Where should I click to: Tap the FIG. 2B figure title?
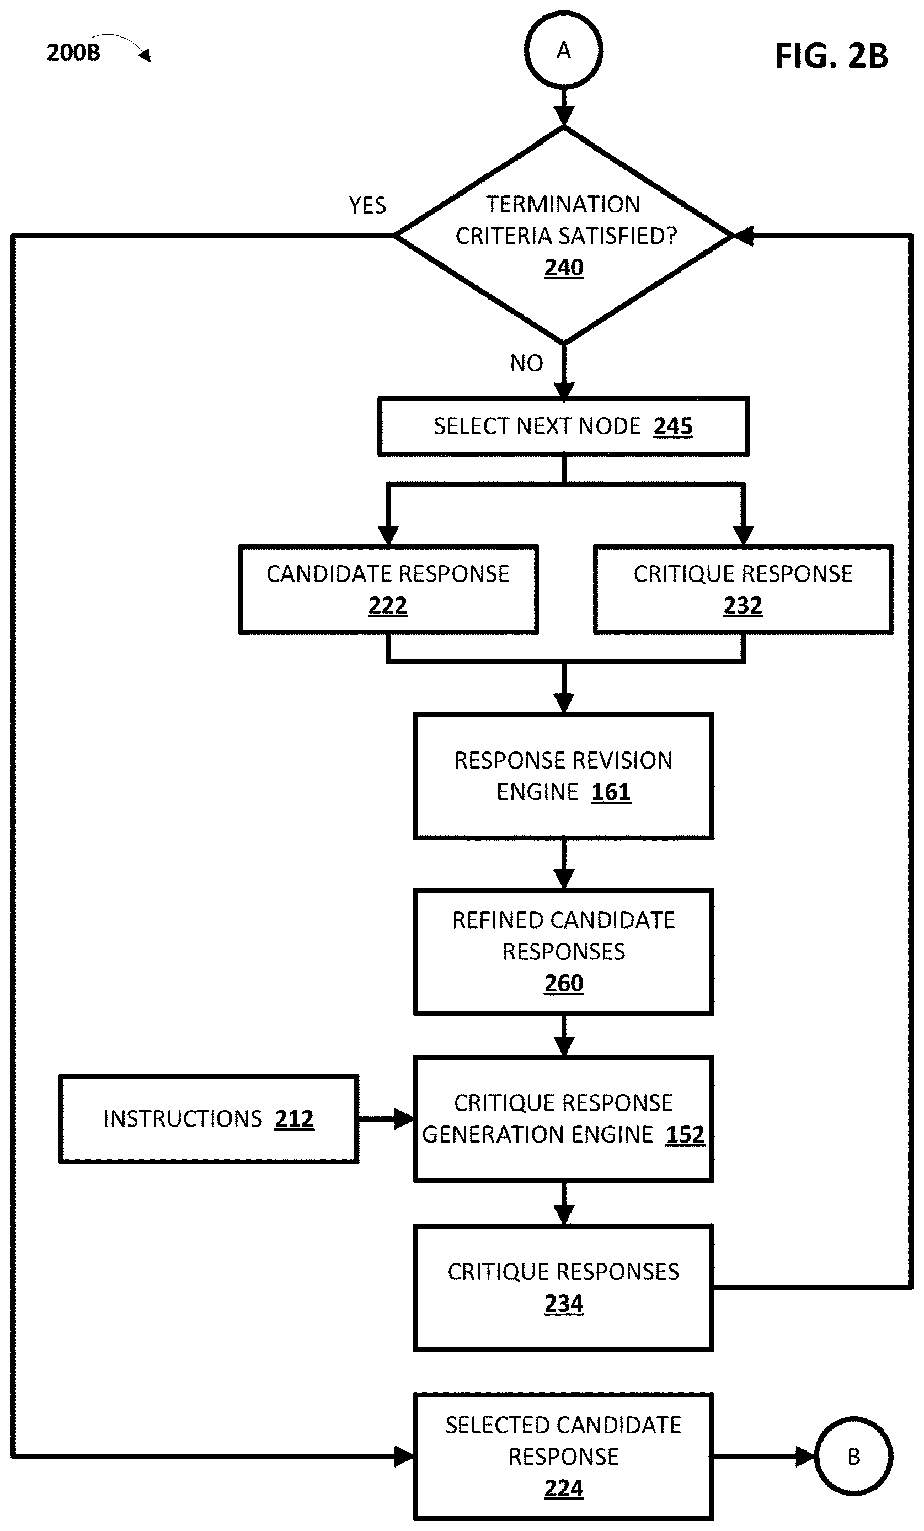tap(831, 56)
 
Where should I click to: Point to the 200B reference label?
tap(73, 52)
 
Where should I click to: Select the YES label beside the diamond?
tap(367, 205)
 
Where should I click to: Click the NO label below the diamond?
tap(526, 363)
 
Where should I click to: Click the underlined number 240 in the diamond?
tap(564, 268)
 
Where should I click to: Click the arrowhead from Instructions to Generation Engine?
tap(404, 1118)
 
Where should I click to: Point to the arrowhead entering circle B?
tap(805, 1457)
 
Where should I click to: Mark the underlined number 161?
tap(611, 792)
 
